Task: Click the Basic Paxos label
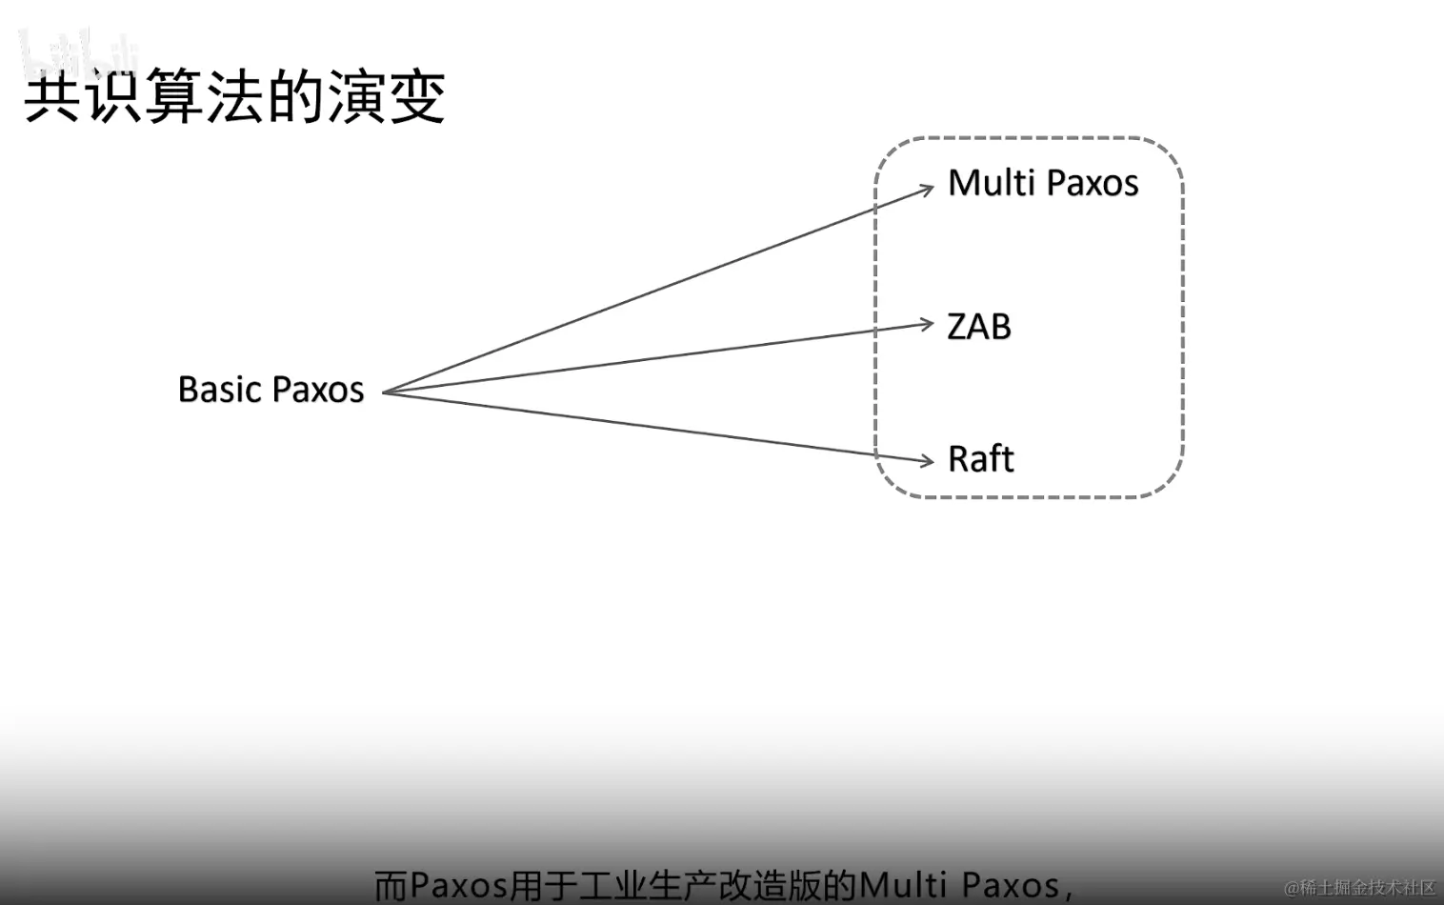click(x=271, y=390)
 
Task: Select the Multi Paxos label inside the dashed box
click(x=1043, y=183)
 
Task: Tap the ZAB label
click(x=978, y=327)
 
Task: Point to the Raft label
click(x=980, y=459)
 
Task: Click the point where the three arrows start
click(x=385, y=392)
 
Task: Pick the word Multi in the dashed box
click(x=992, y=183)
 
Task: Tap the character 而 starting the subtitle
click(x=391, y=885)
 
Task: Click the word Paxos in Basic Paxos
click(x=318, y=390)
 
